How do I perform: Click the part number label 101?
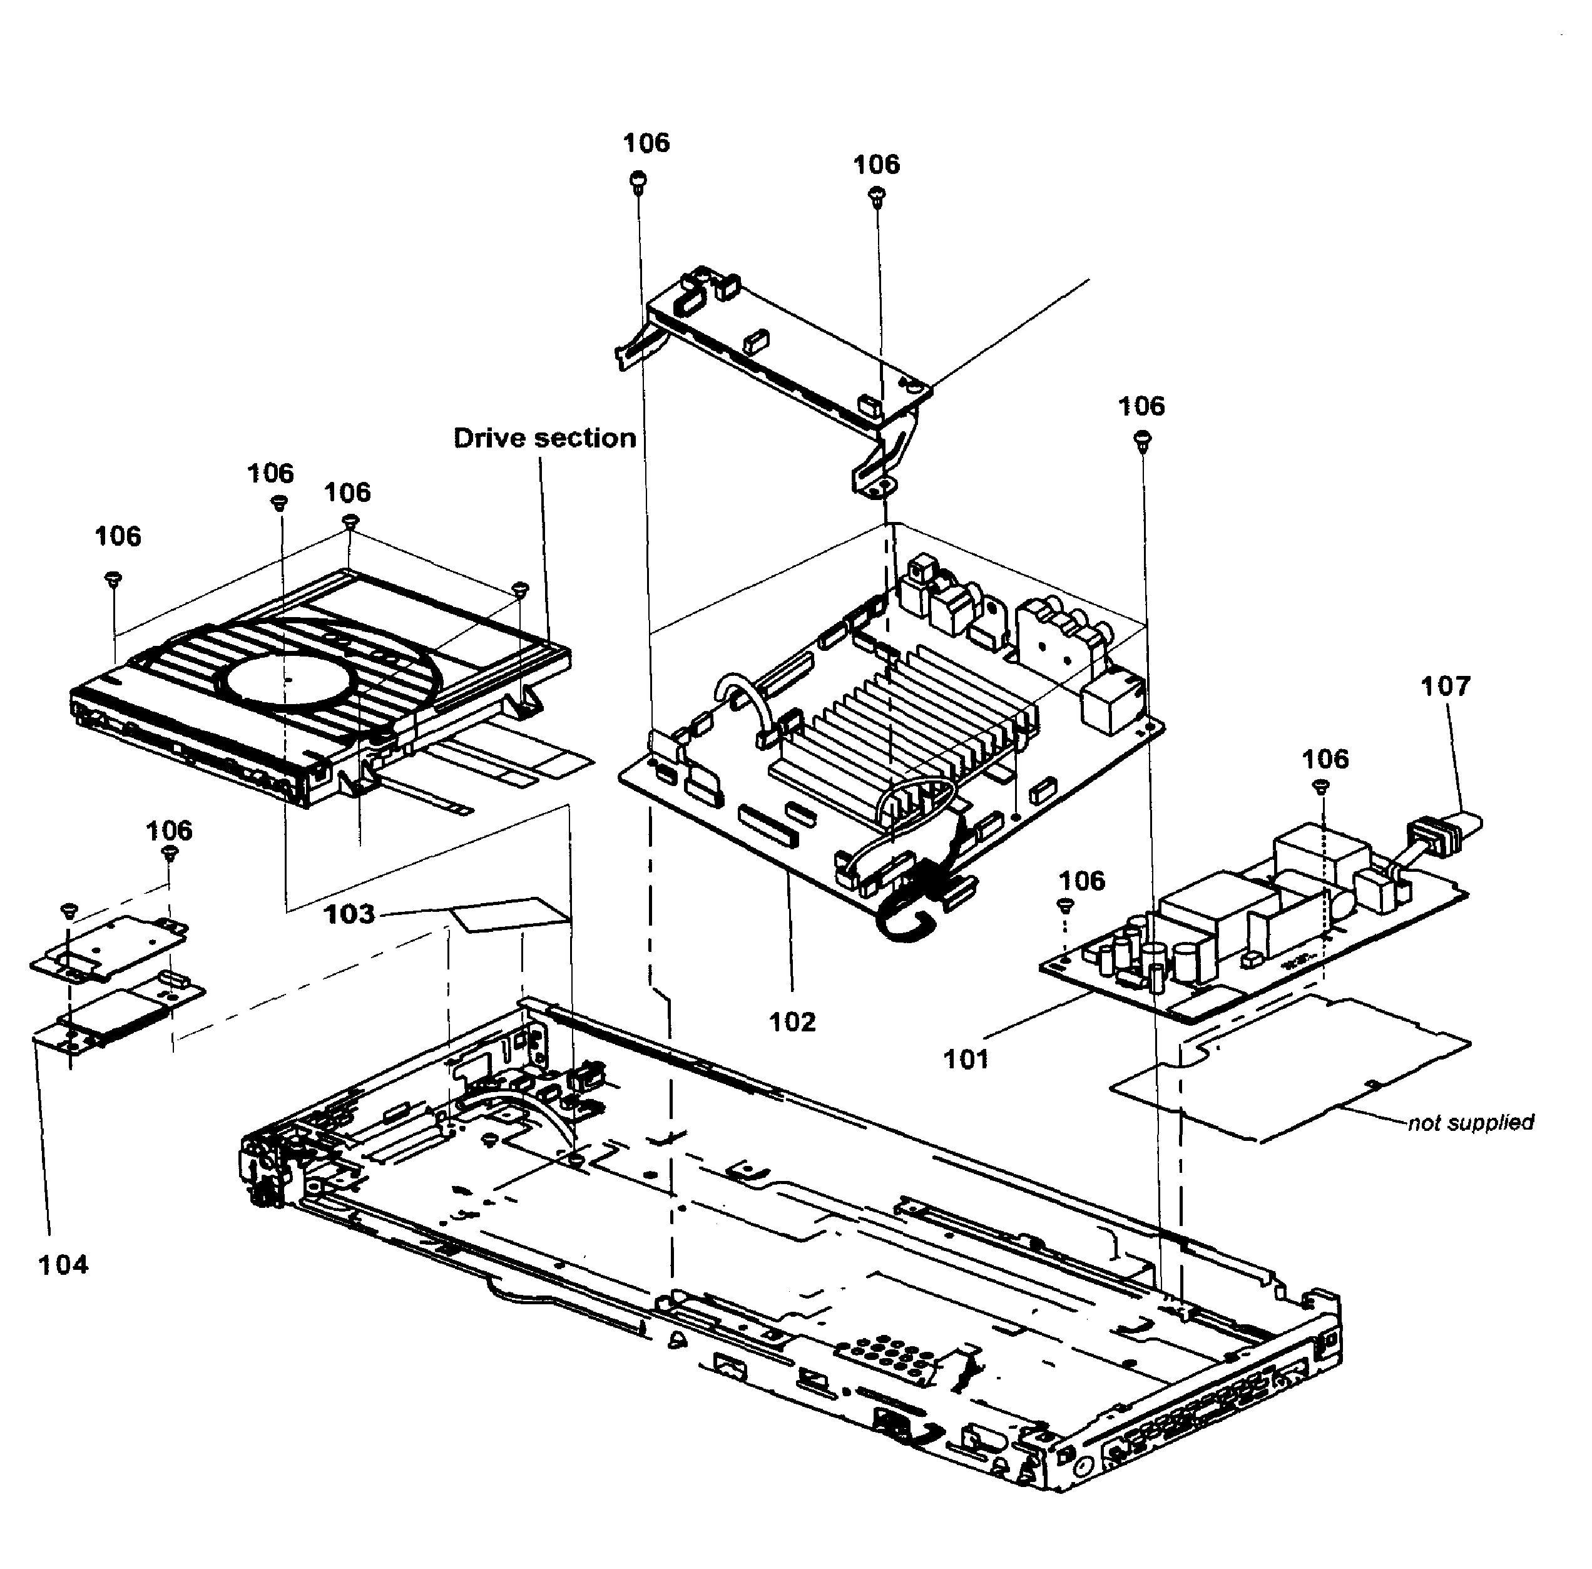[x=965, y=1059]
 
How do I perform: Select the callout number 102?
[x=792, y=1022]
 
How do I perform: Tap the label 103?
[x=349, y=914]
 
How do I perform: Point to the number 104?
[x=63, y=1265]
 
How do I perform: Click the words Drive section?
[x=544, y=437]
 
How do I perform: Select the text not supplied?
[x=1470, y=1122]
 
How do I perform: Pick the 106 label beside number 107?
[x=1325, y=759]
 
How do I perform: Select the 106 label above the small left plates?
[x=169, y=830]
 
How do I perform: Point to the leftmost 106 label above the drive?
[x=118, y=536]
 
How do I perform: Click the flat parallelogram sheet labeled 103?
[x=511, y=916]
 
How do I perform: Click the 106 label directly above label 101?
[x=1081, y=881]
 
